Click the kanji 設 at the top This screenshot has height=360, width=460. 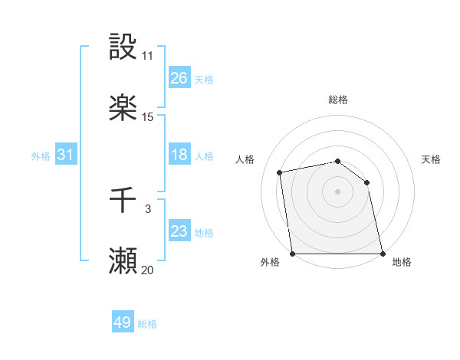coord(123,47)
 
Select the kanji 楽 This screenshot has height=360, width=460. coord(123,108)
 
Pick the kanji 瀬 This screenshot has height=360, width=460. coord(123,261)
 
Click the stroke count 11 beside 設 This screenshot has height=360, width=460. coord(148,56)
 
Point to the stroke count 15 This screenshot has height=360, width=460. coord(148,117)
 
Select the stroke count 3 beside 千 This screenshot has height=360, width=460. coord(148,208)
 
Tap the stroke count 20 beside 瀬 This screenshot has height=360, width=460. coord(148,270)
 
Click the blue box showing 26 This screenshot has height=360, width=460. coord(179,78)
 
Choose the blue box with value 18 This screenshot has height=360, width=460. coord(179,155)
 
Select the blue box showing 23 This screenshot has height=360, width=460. coord(179,231)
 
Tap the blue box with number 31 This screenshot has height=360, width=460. coord(66,155)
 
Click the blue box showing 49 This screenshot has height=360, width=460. coord(123,322)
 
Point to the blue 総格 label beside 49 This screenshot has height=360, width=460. coord(147,324)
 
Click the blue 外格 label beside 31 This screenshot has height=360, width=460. coord(41,155)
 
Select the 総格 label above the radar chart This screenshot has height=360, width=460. coord(338,100)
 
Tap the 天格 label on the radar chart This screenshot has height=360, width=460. coord(431,159)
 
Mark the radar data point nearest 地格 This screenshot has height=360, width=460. coord(382,254)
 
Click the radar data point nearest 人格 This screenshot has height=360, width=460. coord(281,172)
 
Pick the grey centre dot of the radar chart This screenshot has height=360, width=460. coord(337,191)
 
